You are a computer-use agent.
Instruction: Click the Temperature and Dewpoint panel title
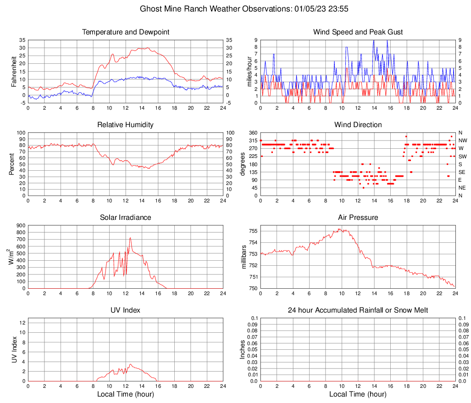click(126, 32)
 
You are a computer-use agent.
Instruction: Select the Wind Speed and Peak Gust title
click(358, 32)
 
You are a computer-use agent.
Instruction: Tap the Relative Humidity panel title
click(126, 125)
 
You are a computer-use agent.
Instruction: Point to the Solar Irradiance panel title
click(126, 218)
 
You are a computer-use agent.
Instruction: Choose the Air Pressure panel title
click(358, 218)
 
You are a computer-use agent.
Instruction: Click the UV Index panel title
click(126, 310)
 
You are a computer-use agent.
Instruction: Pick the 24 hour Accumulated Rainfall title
click(358, 310)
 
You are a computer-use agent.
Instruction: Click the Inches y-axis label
click(243, 349)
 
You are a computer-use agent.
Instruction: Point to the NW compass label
click(463, 140)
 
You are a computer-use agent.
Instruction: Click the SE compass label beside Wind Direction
click(462, 172)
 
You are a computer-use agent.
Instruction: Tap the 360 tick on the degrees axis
click(252, 133)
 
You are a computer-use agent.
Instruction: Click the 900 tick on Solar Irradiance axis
click(20, 225)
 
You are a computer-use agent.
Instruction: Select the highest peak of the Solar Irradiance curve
click(130, 238)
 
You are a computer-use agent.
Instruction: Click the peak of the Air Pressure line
click(340, 229)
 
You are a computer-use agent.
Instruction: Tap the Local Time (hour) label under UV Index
click(126, 394)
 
